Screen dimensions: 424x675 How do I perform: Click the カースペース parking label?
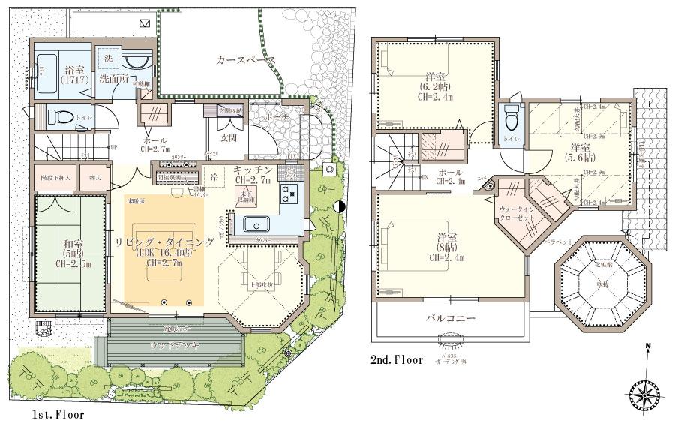(244, 61)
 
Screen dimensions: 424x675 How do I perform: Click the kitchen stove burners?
(288, 194)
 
